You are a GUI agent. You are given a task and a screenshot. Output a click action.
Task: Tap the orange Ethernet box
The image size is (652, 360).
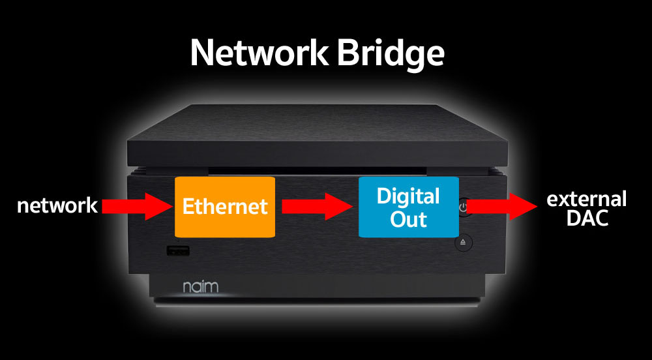pos(224,206)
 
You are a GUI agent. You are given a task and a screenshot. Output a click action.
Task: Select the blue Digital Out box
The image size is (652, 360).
pos(409,207)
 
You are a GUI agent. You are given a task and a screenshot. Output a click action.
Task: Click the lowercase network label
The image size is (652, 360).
pos(57,206)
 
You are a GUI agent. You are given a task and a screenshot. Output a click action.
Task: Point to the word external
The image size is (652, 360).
pos(586,198)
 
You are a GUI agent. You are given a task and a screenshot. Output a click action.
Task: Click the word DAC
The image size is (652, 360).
pos(587,219)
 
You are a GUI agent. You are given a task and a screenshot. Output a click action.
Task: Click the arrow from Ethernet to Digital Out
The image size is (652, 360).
pos(317,207)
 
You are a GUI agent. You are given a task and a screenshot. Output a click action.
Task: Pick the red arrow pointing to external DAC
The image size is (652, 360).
pos(502,207)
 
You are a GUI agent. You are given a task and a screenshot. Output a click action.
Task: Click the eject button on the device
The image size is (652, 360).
pos(463,243)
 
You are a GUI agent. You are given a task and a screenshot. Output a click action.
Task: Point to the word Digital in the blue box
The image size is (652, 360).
pos(409,196)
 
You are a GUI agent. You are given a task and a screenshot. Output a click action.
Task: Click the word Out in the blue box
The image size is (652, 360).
pos(408,219)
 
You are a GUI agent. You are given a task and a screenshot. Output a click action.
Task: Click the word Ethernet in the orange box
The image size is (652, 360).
pos(225,207)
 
